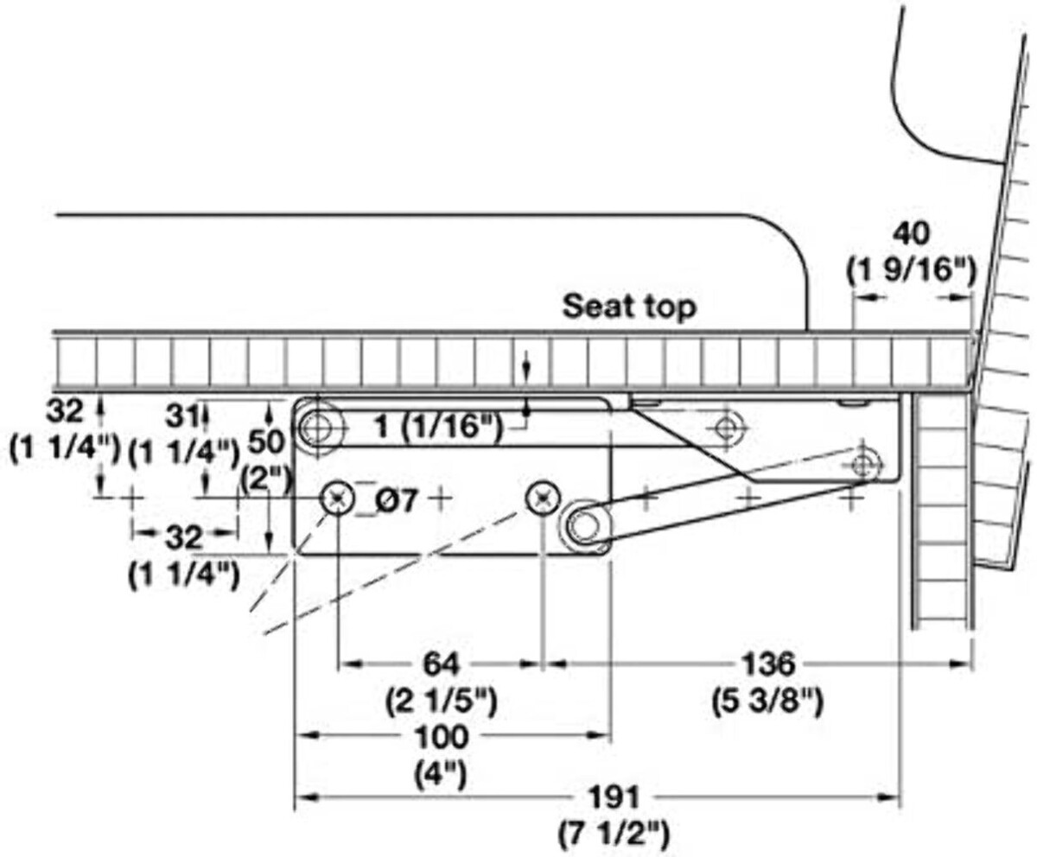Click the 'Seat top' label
(629, 306)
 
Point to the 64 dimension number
(441, 664)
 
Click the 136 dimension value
(767, 664)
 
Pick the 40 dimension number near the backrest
(912, 234)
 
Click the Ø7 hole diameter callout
(397, 498)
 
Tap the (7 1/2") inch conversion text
(614, 835)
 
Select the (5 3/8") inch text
(767, 701)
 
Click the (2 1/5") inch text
(441, 701)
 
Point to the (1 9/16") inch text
(910, 270)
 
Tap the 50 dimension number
(266, 441)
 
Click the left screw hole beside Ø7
(337, 498)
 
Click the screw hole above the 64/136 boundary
(543, 498)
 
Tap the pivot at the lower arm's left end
(588, 524)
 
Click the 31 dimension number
(181, 416)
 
